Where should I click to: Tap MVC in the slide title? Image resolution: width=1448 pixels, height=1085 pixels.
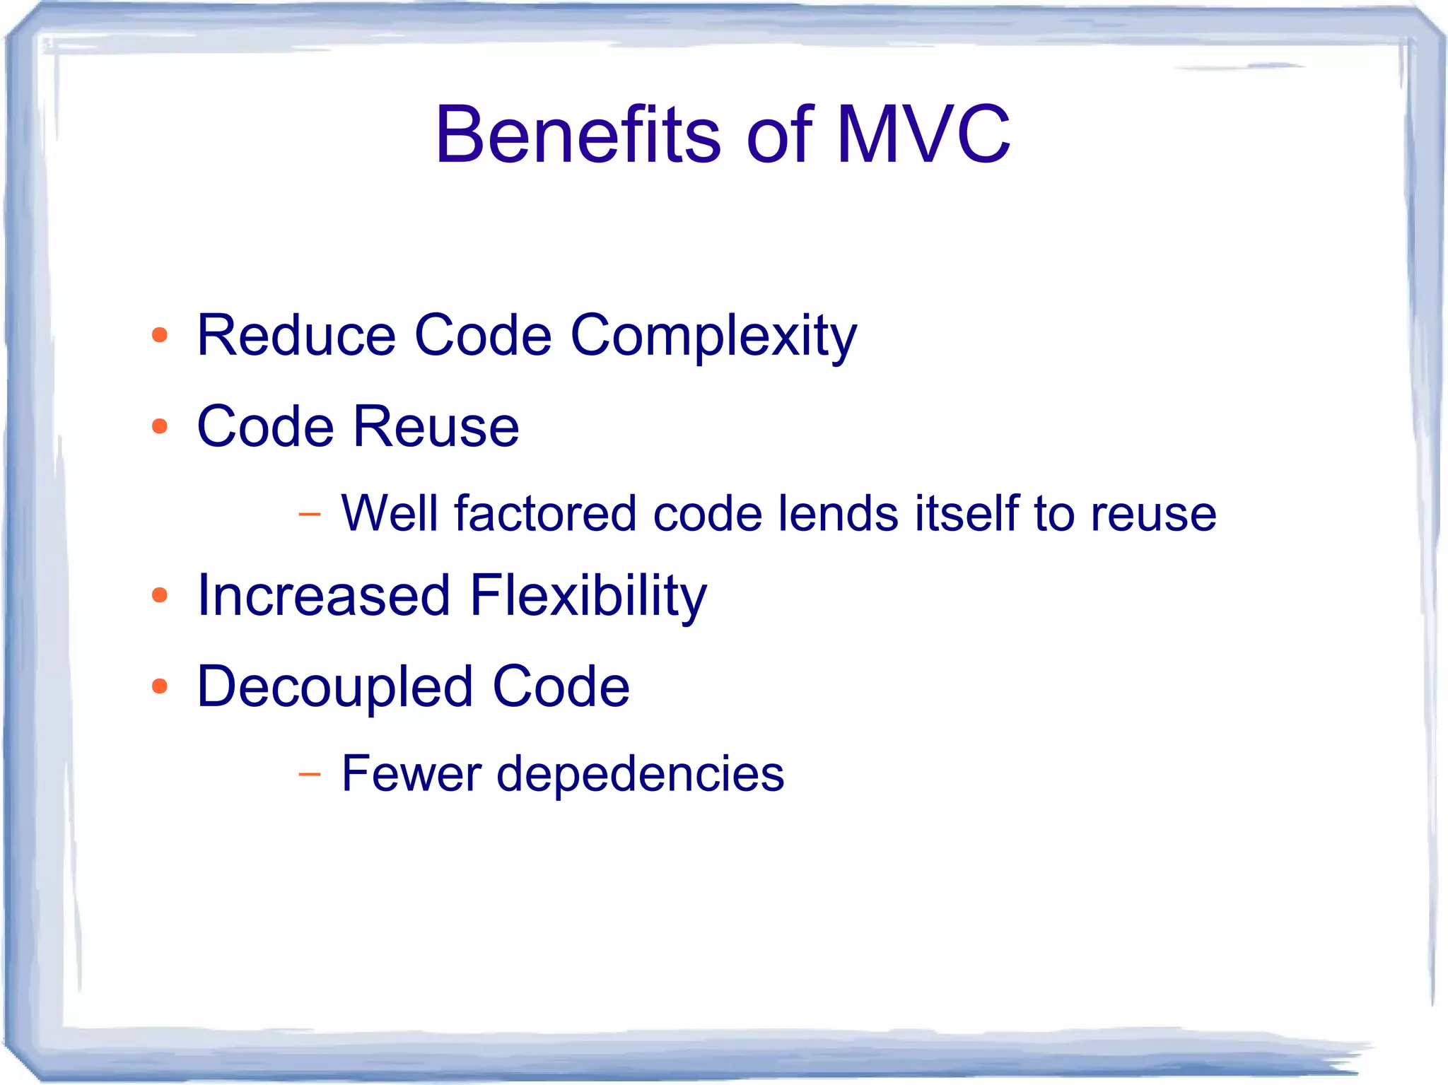923,134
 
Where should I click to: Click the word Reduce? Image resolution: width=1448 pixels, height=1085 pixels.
296,335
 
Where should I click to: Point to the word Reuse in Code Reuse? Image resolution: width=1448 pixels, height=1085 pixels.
436,427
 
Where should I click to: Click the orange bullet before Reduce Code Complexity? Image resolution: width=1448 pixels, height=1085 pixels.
160,335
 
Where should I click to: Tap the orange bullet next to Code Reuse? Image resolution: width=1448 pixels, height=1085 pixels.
160,426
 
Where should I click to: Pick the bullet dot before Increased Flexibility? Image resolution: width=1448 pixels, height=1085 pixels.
160,595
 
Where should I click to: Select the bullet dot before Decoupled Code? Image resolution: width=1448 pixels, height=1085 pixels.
160,686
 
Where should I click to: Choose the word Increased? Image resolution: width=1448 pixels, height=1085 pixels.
323,595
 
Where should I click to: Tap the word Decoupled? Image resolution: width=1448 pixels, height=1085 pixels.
334,688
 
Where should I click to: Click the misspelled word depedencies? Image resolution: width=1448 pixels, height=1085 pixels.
640,775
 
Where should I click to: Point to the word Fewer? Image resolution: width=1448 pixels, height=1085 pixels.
411,773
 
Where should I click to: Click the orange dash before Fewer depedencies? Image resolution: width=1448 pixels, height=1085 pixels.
309,775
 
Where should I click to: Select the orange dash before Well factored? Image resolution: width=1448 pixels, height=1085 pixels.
309,515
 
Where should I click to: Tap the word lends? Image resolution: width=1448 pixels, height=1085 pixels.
838,513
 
